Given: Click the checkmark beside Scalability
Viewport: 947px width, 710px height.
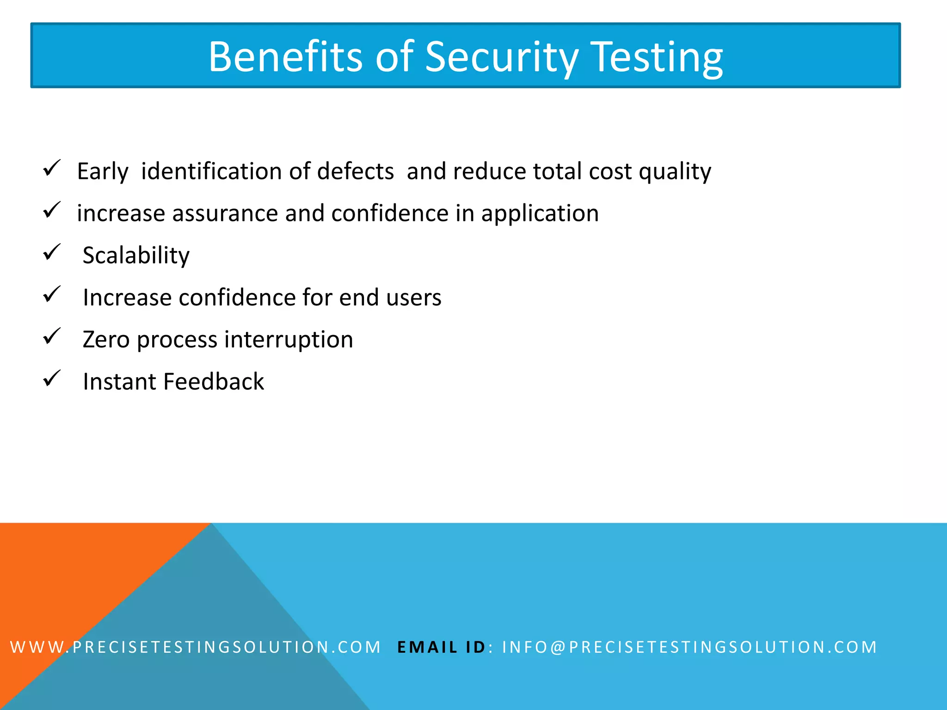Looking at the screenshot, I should click(x=52, y=252).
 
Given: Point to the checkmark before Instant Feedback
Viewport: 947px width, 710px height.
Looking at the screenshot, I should click(x=52, y=379).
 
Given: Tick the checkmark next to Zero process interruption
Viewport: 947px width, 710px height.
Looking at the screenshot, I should click(x=52, y=337).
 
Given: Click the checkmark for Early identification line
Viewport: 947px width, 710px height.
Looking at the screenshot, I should click(x=52, y=168).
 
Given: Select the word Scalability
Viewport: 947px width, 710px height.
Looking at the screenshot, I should click(x=136, y=255).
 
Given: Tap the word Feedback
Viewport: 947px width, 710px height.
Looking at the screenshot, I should click(x=213, y=381).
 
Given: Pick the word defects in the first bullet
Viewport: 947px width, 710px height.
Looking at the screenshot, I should click(x=355, y=171).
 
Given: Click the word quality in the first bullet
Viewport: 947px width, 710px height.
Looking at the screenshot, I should click(x=675, y=171).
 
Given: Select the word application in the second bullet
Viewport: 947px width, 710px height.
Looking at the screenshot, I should click(x=540, y=213).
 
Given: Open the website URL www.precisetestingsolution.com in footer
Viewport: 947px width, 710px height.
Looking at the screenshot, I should click(x=195, y=647).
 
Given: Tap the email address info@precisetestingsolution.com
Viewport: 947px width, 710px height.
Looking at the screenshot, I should click(x=689, y=647).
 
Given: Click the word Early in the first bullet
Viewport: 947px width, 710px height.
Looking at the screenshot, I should click(x=103, y=171).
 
